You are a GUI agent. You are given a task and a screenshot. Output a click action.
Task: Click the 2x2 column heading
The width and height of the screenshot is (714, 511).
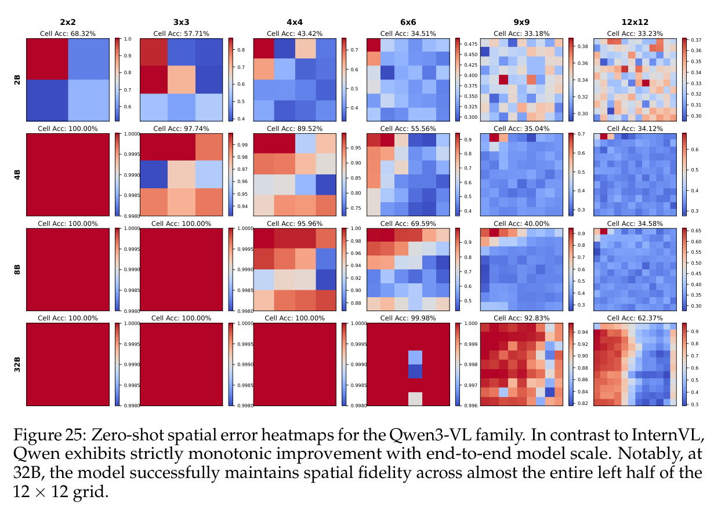click(x=68, y=22)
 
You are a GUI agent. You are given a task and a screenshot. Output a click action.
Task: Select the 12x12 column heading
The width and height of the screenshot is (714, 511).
click(x=635, y=22)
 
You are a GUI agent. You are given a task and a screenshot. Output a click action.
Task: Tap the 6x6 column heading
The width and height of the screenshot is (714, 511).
click(x=408, y=22)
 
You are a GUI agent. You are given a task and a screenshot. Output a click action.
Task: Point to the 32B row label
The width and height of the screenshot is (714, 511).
click(x=17, y=364)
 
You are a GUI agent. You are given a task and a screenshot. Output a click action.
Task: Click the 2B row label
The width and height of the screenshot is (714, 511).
click(x=17, y=79)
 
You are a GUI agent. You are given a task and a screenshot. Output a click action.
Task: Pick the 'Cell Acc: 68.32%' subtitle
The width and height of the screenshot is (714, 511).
click(x=68, y=34)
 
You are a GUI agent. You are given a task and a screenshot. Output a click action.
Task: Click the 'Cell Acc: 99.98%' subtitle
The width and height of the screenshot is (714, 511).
click(x=408, y=318)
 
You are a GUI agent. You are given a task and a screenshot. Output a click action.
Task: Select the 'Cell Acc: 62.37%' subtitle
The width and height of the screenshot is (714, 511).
click(x=635, y=318)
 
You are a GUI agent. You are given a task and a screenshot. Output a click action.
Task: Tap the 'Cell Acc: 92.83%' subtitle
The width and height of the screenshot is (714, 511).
click(x=521, y=318)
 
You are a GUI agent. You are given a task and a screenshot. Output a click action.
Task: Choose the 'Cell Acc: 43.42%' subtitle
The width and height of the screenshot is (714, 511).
click(x=295, y=34)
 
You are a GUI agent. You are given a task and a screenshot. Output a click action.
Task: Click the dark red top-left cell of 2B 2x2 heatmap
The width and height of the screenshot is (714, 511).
click(x=47, y=59)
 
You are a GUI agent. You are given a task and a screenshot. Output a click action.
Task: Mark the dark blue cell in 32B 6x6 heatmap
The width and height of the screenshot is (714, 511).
click(x=415, y=371)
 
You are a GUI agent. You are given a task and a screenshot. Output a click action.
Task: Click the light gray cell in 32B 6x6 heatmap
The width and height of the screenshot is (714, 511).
click(x=415, y=399)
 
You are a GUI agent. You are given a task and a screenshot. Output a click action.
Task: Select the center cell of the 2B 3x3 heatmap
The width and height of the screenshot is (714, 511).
click(x=182, y=79)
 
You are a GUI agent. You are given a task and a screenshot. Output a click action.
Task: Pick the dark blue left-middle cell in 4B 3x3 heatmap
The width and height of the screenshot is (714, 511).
click(x=154, y=174)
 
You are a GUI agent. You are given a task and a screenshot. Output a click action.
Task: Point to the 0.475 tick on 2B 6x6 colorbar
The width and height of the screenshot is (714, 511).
click(x=470, y=44)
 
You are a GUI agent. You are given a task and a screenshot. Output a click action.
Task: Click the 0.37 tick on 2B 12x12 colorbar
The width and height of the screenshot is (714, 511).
click(x=696, y=40)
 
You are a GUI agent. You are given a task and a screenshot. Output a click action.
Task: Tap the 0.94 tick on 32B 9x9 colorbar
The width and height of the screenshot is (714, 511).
click(x=583, y=332)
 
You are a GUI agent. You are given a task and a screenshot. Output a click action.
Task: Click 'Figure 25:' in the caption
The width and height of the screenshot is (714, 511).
click(x=50, y=435)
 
